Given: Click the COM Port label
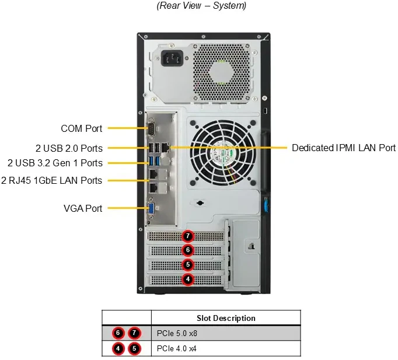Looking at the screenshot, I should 81,128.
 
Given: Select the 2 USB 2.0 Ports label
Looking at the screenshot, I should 68,148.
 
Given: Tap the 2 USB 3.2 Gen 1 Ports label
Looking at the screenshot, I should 55,163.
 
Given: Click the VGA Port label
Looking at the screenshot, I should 82,208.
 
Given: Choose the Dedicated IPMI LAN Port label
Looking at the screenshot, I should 344,148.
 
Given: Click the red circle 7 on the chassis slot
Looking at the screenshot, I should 187,236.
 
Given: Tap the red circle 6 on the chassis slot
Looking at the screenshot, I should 187,250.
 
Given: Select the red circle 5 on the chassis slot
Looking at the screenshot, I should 187,265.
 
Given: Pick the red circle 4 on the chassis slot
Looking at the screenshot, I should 187,279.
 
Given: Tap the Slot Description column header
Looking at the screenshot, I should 225,318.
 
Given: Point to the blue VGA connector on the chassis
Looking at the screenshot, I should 151,208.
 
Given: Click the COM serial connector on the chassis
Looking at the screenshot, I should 151,128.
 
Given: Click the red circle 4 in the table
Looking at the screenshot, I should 118,349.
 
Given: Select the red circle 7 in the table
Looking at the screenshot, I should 135,333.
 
